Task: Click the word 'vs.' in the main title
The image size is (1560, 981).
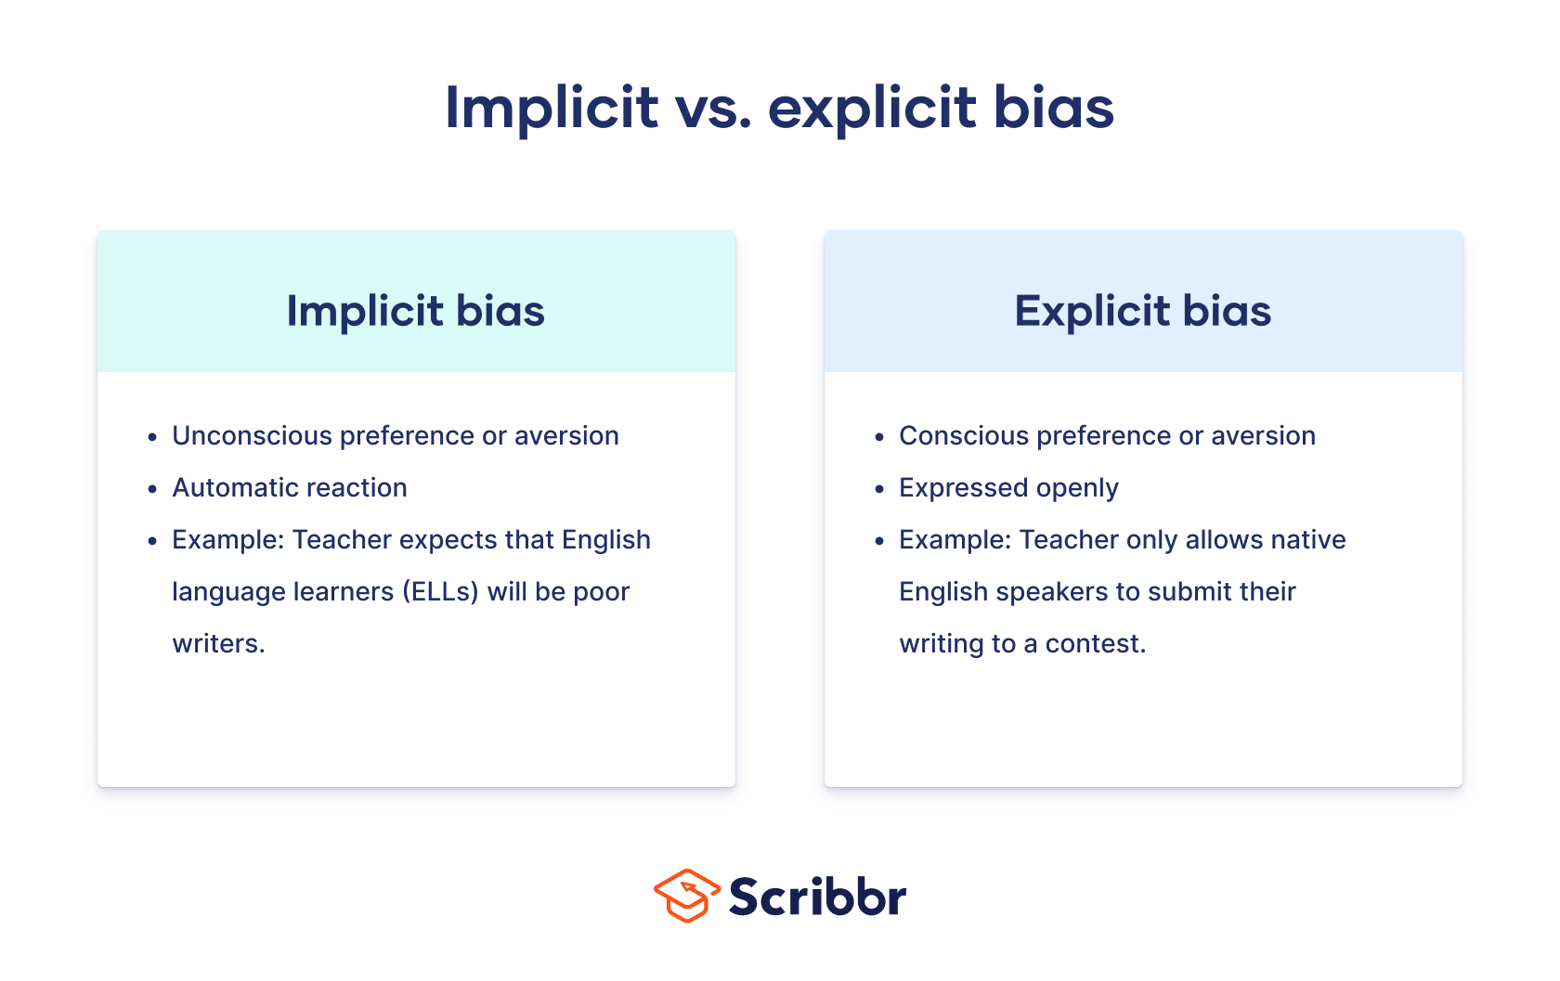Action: point(713,108)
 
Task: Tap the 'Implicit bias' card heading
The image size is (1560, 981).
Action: point(415,310)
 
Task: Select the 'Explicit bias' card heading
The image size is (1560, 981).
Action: point(1142,310)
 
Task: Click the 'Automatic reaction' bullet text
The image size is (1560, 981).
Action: point(289,488)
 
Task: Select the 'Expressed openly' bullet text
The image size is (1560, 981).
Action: point(1008,488)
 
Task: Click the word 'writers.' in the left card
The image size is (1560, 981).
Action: point(218,644)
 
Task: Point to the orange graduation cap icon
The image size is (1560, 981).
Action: point(687,896)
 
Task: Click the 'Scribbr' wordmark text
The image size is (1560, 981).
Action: point(817,897)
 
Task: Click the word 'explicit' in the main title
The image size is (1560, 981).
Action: point(872,108)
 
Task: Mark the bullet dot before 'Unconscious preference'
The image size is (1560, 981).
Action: point(152,437)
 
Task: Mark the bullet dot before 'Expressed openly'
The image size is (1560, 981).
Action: point(879,489)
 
